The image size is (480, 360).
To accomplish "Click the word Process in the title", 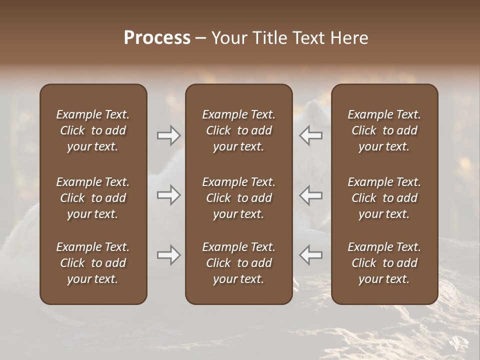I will click(157, 38).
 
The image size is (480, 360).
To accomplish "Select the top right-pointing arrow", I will click(168, 135).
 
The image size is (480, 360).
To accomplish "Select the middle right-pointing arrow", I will click(168, 195).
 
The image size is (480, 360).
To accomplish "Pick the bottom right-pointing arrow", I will click(168, 255).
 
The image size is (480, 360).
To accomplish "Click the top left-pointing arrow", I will click(311, 135).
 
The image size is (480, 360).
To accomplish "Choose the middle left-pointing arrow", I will click(311, 195).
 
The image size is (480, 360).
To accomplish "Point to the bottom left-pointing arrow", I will click(311, 255).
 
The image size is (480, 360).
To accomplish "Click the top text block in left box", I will click(93, 130).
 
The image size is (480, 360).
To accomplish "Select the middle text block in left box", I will click(93, 198).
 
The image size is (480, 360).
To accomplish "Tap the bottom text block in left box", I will click(93, 263).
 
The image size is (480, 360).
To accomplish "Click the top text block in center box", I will click(238, 130).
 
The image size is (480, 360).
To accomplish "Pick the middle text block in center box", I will click(238, 198).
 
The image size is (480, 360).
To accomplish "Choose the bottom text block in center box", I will click(238, 263).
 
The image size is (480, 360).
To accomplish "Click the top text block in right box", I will click(384, 130).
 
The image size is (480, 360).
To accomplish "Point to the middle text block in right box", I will click(384, 198).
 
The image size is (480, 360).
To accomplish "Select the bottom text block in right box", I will click(384, 263).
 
